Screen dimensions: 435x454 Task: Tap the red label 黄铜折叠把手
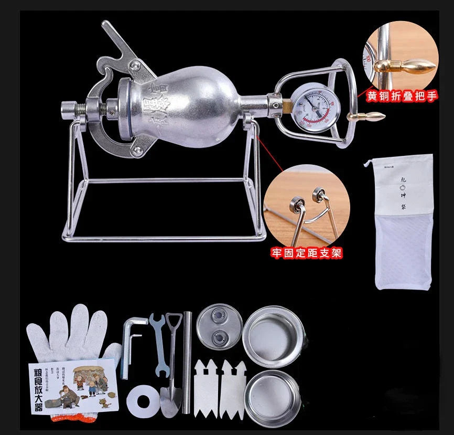point(402,97)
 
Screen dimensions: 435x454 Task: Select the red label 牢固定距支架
point(307,253)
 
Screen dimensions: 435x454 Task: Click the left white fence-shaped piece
point(206,388)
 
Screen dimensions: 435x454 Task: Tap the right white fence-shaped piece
point(233,388)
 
